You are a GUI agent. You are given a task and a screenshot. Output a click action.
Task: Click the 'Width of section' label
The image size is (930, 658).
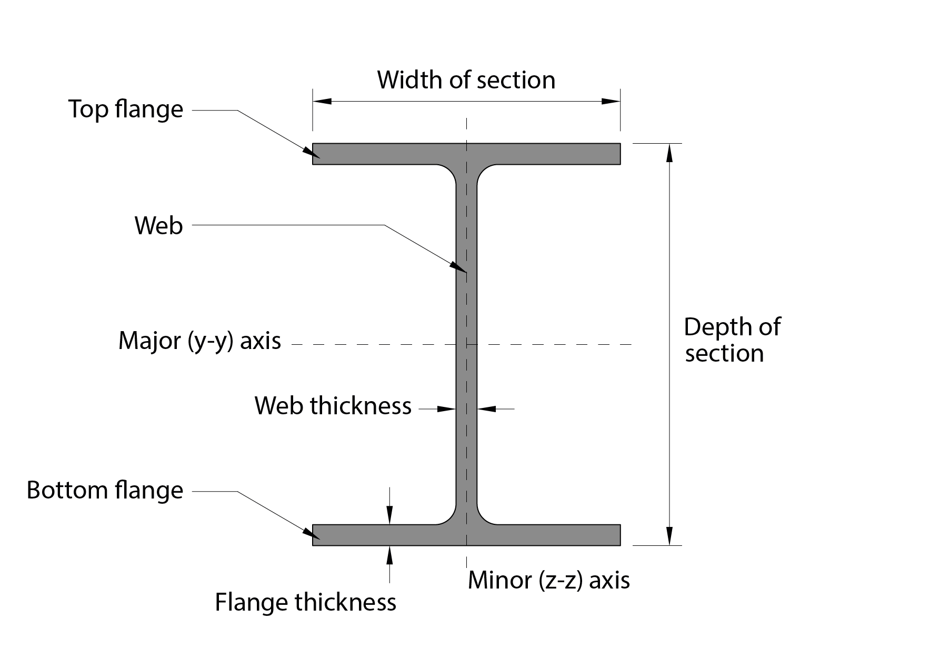[466, 80]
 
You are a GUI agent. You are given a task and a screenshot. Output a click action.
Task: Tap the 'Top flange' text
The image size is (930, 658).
[126, 109]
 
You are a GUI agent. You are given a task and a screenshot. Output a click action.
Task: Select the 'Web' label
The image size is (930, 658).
[158, 225]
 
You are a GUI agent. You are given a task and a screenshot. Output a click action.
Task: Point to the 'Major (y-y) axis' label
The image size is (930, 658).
[199, 341]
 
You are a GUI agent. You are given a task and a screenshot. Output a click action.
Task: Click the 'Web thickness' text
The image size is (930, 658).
[333, 406]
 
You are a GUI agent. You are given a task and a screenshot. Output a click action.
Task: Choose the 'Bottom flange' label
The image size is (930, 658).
[105, 490]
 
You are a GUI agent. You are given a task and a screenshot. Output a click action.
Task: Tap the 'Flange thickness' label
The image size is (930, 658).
[305, 602]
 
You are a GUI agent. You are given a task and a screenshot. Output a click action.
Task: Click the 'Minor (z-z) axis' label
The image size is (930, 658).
[548, 580]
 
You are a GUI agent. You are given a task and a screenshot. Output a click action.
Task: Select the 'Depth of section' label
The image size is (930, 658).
[731, 340]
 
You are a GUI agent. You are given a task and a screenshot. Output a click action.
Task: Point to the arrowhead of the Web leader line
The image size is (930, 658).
[459, 267]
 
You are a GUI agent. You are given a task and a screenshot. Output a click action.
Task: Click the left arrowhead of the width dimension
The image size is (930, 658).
[322, 101]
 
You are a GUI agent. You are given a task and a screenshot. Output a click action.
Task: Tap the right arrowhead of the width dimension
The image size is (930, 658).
[611, 101]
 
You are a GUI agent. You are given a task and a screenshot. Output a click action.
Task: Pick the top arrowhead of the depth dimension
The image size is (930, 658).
[669, 153]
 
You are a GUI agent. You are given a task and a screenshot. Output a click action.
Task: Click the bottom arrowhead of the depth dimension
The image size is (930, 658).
[669, 536]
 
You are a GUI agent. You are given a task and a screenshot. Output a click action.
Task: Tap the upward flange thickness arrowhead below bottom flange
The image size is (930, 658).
[389, 554]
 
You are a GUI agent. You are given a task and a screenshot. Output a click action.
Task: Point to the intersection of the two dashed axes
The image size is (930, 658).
[466, 344]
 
